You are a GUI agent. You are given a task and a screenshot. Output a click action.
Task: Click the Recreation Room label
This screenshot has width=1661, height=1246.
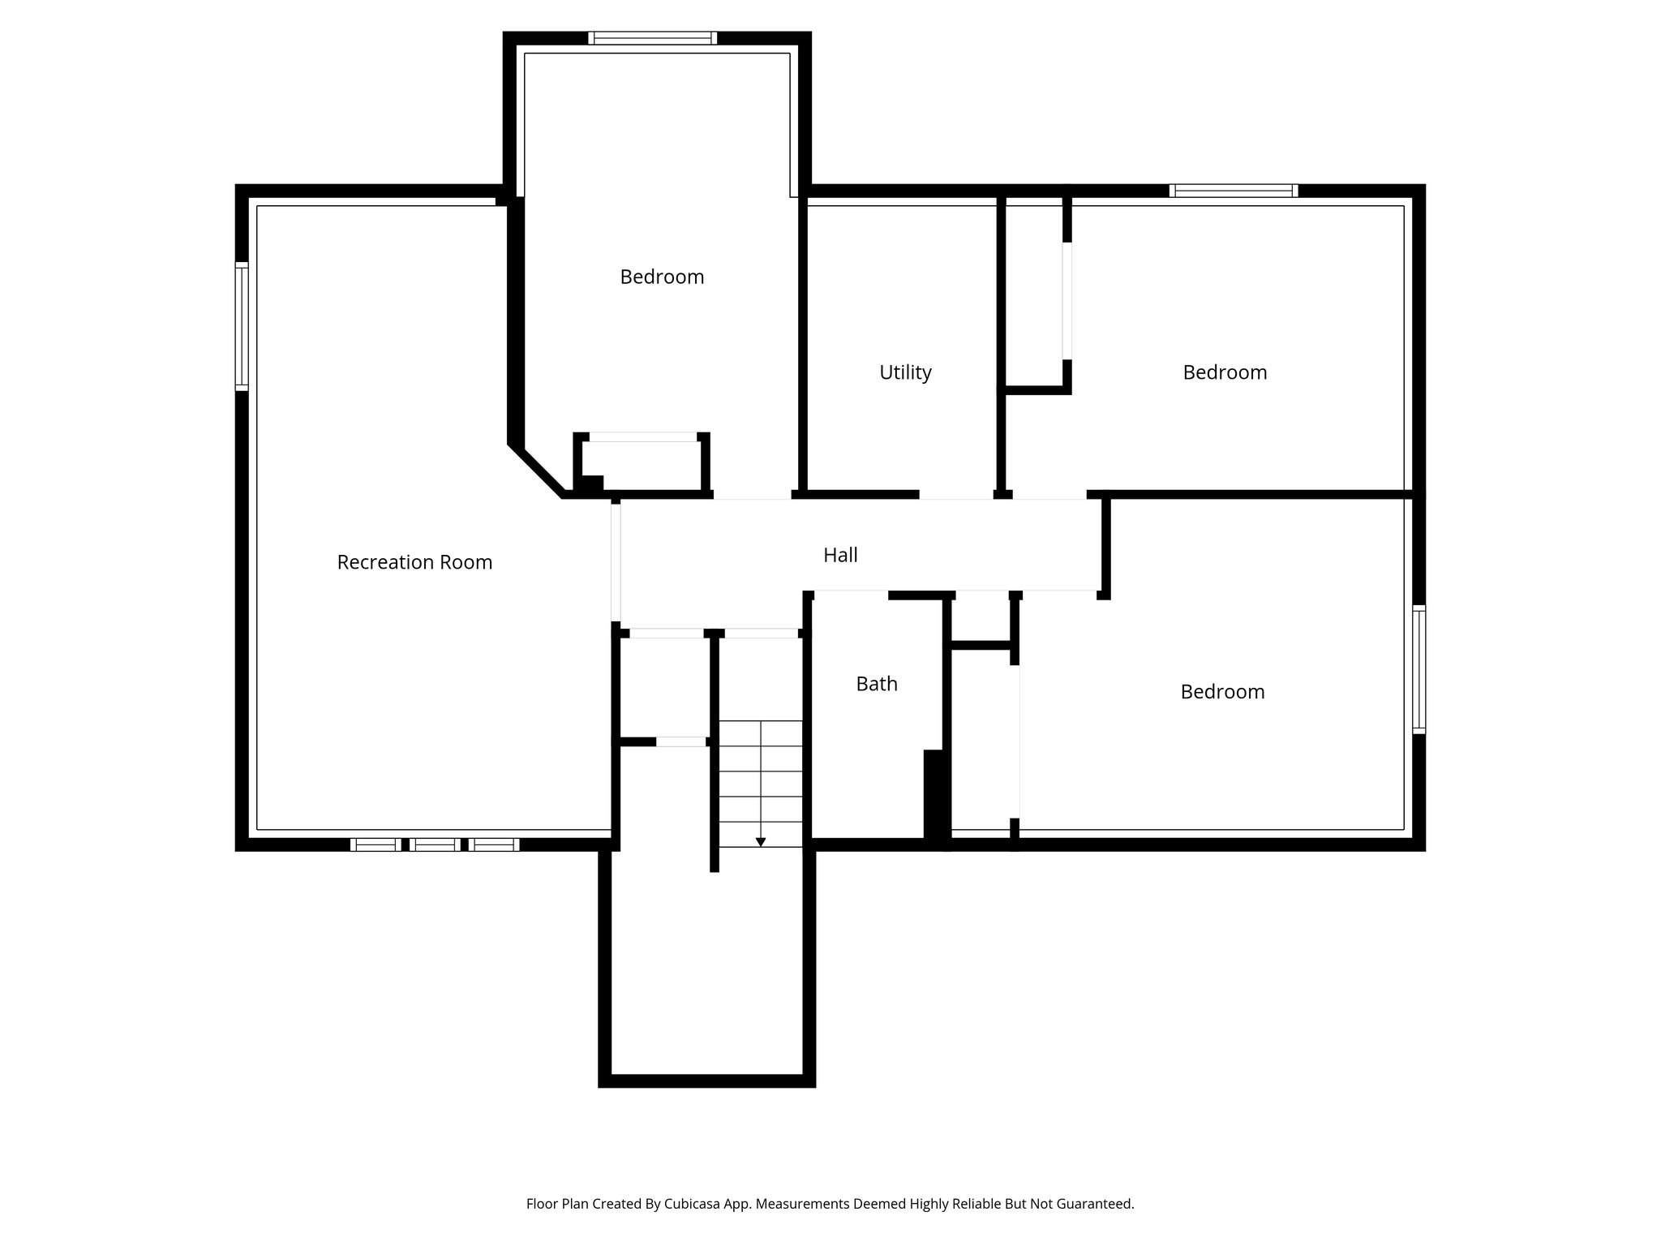pos(414,562)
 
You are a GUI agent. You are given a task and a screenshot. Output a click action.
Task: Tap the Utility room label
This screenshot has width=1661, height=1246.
pos(905,372)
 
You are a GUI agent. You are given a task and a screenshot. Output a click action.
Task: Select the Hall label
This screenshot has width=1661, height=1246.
pos(840,555)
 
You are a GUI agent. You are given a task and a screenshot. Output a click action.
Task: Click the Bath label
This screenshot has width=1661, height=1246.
pos(877,684)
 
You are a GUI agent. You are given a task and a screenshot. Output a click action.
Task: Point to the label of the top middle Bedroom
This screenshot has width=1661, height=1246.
pos(662,277)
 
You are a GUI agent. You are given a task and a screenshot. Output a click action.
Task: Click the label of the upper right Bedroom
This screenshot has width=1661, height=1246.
pos(1225,372)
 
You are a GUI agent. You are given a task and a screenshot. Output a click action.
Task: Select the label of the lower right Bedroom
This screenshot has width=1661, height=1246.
pos(1222,692)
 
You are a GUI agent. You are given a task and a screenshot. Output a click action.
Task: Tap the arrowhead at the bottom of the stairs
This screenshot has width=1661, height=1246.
pos(761,842)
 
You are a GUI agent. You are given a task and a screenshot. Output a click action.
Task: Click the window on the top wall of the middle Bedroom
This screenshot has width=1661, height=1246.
pos(652,38)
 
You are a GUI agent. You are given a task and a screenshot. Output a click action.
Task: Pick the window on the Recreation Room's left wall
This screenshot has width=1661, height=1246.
pos(242,326)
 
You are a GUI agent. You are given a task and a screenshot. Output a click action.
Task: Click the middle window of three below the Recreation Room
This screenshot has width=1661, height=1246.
pos(435,844)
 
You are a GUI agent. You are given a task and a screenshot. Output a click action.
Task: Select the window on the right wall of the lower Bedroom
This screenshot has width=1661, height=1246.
pos(1419,669)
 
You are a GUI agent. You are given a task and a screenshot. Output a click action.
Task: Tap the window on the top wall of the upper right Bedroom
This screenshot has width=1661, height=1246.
pos(1233,191)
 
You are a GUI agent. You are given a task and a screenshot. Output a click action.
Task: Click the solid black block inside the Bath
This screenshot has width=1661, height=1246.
pos(935,795)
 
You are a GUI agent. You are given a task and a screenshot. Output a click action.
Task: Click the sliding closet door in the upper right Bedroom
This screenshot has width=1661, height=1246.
pos(1067,300)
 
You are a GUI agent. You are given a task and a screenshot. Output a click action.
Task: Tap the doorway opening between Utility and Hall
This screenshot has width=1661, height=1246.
pos(956,494)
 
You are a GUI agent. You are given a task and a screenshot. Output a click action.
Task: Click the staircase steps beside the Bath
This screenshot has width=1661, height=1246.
pos(761,783)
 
